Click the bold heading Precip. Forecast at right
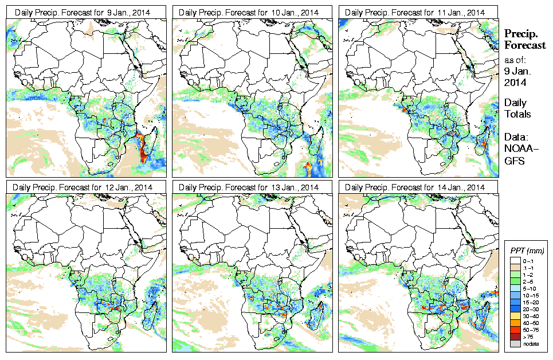524,40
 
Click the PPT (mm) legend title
527,251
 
